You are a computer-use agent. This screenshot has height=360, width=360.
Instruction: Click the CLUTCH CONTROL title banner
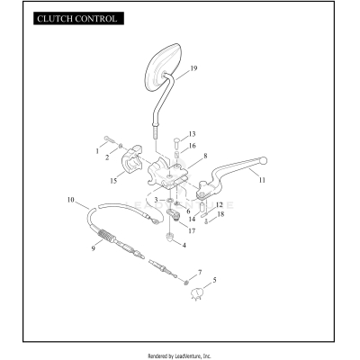point(78,19)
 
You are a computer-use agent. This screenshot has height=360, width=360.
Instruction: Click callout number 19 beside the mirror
point(193,68)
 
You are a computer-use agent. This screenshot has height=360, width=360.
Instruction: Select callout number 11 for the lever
point(262,180)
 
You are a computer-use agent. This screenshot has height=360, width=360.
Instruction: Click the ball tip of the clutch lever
point(264,161)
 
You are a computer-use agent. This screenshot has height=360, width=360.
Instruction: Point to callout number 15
point(113,181)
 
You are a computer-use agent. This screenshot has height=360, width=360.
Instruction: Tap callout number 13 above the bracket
point(192,134)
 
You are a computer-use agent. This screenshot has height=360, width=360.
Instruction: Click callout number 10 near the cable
point(70,200)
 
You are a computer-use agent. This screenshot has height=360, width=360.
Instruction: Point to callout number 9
point(94,248)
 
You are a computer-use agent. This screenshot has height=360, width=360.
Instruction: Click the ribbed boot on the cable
point(105,235)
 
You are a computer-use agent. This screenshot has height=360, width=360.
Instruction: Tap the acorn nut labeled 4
point(170,238)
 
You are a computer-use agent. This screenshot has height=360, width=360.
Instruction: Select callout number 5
point(214,280)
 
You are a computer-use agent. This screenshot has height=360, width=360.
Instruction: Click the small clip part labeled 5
point(197,293)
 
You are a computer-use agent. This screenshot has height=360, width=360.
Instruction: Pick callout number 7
point(200,273)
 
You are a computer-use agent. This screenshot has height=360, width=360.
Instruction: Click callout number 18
point(220,214)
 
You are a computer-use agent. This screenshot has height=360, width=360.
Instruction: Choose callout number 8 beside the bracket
point(205,156)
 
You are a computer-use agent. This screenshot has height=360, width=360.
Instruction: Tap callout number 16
point(192,146)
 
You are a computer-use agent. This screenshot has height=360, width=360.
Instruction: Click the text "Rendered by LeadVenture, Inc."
point(179,356)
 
